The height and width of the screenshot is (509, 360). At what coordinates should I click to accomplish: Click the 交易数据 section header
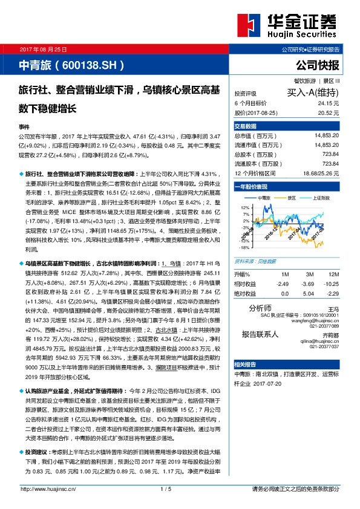pyautogui.click(x=245, y=126)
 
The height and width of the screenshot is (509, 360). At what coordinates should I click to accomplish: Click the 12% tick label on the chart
pyautogui.click(x=245, y=207)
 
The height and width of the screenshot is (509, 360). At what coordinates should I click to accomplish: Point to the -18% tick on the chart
pyautogui.click(x=244, y=247)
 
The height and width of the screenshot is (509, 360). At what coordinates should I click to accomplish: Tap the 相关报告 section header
pyautogui.click(x=245, y=364)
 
